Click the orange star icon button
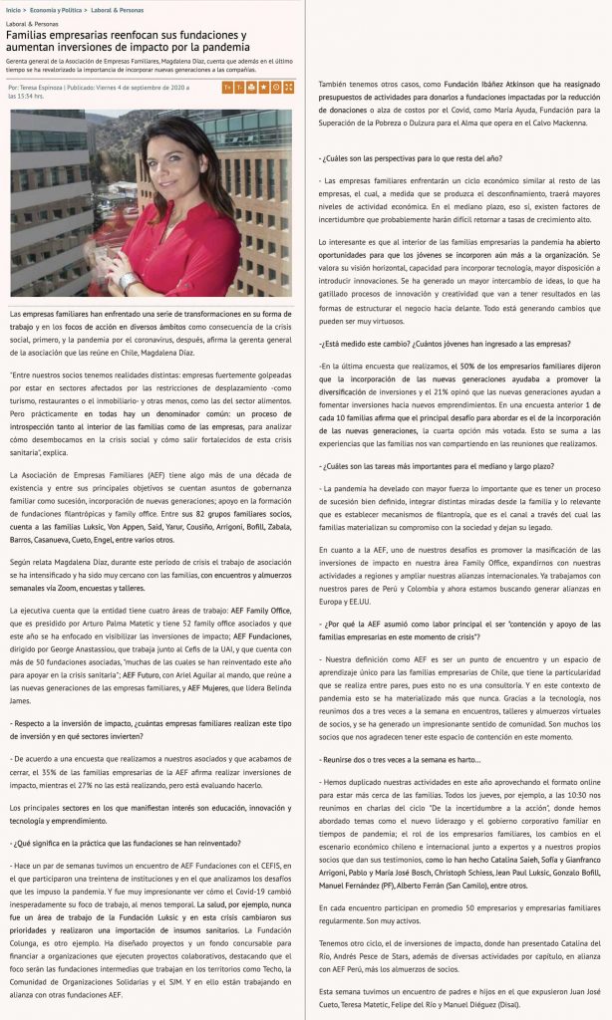[x=263, y=88]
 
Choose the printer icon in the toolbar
[x=276, y=88]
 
